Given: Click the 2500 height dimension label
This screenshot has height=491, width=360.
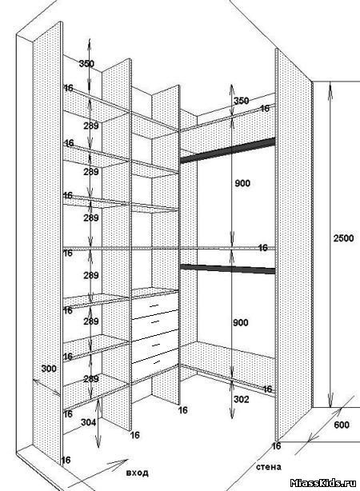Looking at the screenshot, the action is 343,238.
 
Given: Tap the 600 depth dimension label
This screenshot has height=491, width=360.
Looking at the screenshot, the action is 342,425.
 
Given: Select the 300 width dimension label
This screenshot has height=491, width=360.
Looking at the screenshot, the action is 49,369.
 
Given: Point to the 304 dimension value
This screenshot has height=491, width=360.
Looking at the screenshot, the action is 88,422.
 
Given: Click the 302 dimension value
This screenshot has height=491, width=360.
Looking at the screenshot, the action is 242,399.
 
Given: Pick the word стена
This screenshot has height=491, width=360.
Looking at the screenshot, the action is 269,467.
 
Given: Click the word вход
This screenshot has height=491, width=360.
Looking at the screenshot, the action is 138,473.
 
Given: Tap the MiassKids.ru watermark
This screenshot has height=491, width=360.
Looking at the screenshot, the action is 323,483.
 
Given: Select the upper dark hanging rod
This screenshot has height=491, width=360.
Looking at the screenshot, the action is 228,150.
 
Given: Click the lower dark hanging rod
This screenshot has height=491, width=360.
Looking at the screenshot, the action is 228,269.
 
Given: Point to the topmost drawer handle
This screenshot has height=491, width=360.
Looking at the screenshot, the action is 154,305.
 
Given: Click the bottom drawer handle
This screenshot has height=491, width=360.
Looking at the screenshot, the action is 155,362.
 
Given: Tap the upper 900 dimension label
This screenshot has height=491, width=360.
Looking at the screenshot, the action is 242,183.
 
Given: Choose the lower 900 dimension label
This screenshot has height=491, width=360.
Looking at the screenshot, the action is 241,322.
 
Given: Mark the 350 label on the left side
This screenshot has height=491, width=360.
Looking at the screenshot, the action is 86,64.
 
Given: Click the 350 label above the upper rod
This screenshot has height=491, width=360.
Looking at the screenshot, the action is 242,101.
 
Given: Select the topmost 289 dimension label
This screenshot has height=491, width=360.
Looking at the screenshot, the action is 91,126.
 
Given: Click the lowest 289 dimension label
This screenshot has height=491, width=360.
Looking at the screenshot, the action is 91,378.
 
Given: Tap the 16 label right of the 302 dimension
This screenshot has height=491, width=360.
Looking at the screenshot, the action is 267,389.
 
